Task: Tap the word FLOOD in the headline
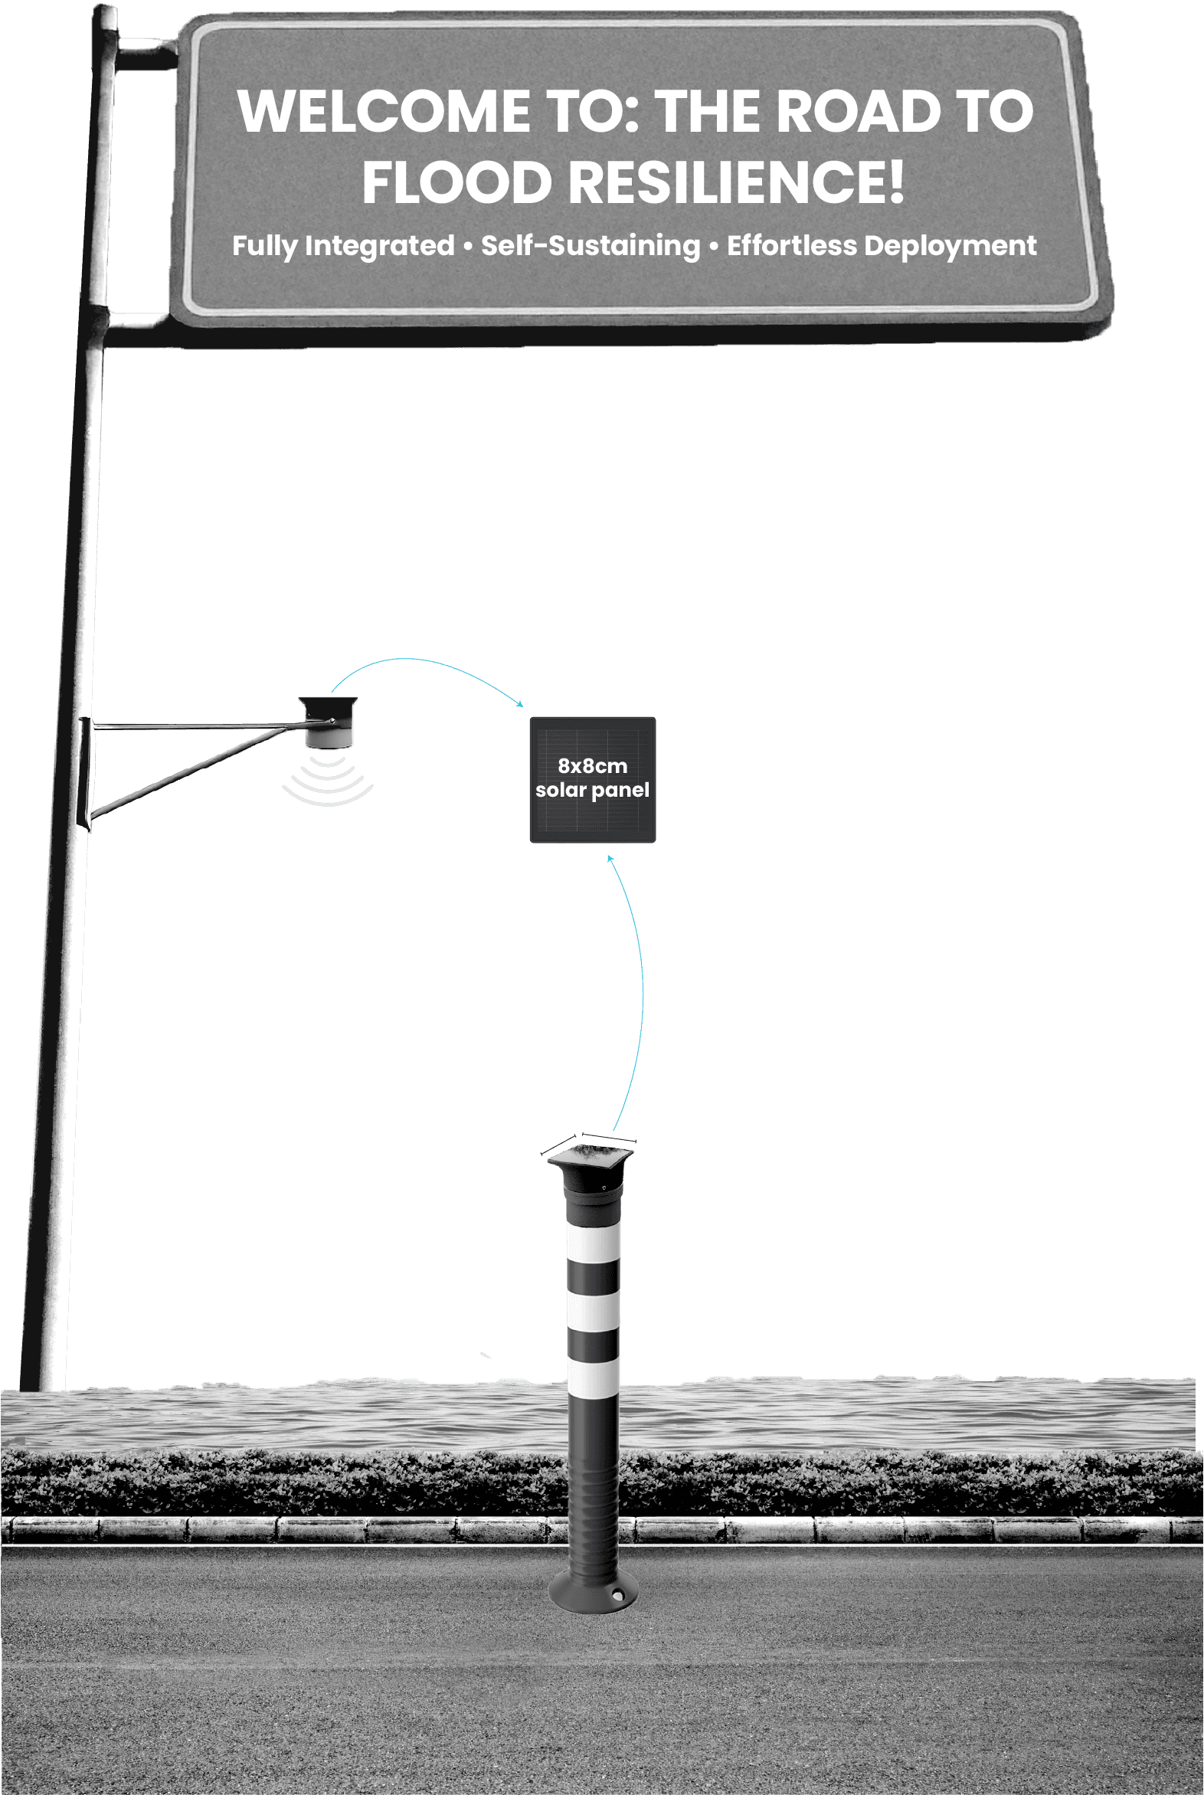pyautogui.click(x=457, y=183)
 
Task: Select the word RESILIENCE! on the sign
pyautogui.click(x=735, y=183)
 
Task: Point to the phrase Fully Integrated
pyautogui.click(x=343, y=246)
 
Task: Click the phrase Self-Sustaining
pyautogui.click(x=591, y=246)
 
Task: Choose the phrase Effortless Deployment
pyautogui.click(x=882, y=246)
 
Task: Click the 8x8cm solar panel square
pyautogui.click(x=593, y=780)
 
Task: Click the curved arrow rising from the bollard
pyautogui.click(x=640, y=991)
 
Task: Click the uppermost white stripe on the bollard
pyautogui.click(x=593, y=1241)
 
